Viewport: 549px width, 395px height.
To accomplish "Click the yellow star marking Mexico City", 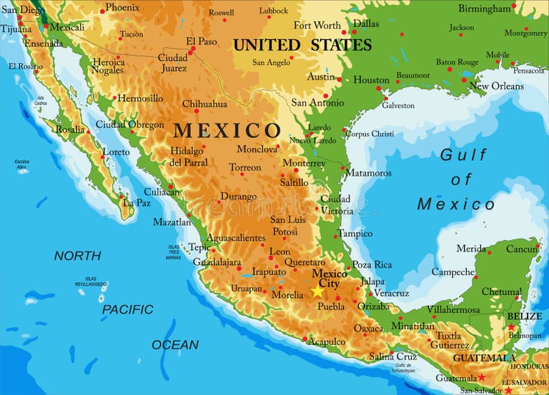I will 317,291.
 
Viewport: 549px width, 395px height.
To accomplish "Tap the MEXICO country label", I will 227,131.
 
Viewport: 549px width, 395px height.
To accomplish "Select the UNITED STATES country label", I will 302,45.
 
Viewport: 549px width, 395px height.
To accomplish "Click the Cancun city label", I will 522,249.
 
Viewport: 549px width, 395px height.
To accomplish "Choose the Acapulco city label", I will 327,341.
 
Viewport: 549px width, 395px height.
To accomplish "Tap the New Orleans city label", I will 496,86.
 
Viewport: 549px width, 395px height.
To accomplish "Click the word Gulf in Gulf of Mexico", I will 463,154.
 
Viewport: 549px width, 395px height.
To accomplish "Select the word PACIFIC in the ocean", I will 127,309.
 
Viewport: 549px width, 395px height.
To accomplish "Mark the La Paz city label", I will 137,203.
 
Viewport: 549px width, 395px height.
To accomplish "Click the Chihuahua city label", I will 204,104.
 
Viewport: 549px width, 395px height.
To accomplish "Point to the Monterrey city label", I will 304,164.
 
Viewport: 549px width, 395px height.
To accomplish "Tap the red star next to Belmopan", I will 511,327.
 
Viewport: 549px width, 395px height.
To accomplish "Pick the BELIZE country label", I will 525,316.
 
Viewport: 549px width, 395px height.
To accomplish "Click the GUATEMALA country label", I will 485,359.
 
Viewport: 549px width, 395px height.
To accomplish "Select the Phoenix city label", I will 123,8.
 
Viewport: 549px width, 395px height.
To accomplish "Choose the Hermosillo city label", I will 140,99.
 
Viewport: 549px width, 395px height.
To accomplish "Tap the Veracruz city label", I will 392,293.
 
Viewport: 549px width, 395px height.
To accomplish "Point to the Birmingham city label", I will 485,9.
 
